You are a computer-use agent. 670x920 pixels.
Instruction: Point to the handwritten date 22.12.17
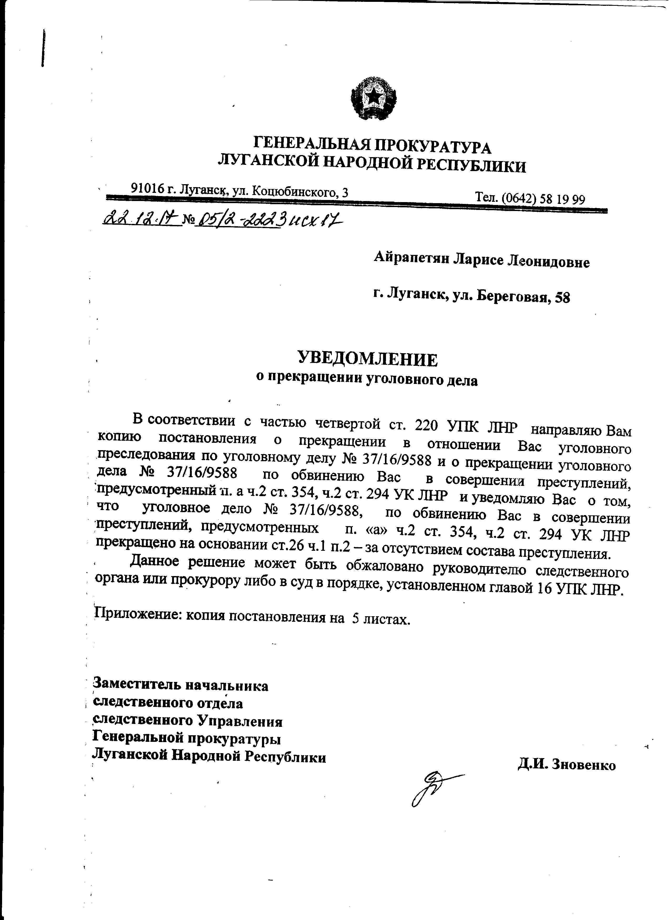click(x=142, y=221)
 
